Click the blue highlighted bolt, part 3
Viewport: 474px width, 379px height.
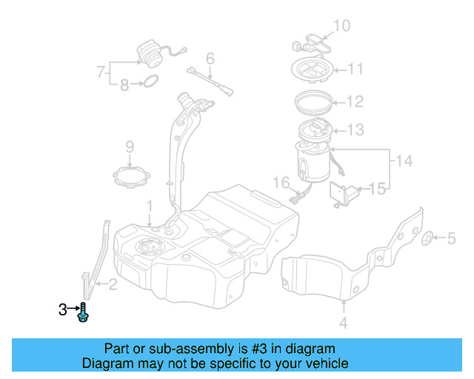83,313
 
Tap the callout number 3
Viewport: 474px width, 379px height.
62,309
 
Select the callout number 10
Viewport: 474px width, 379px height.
341,27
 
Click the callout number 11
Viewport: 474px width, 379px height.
355,70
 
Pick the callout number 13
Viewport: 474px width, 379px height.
355,130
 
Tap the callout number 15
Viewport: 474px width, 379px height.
378,189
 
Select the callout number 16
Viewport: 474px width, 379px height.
280,182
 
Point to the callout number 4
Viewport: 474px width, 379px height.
343,322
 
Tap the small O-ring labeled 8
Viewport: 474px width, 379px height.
149,81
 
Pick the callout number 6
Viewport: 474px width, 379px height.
210,57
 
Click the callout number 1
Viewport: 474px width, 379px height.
149,204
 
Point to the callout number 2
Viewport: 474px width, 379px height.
113,282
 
